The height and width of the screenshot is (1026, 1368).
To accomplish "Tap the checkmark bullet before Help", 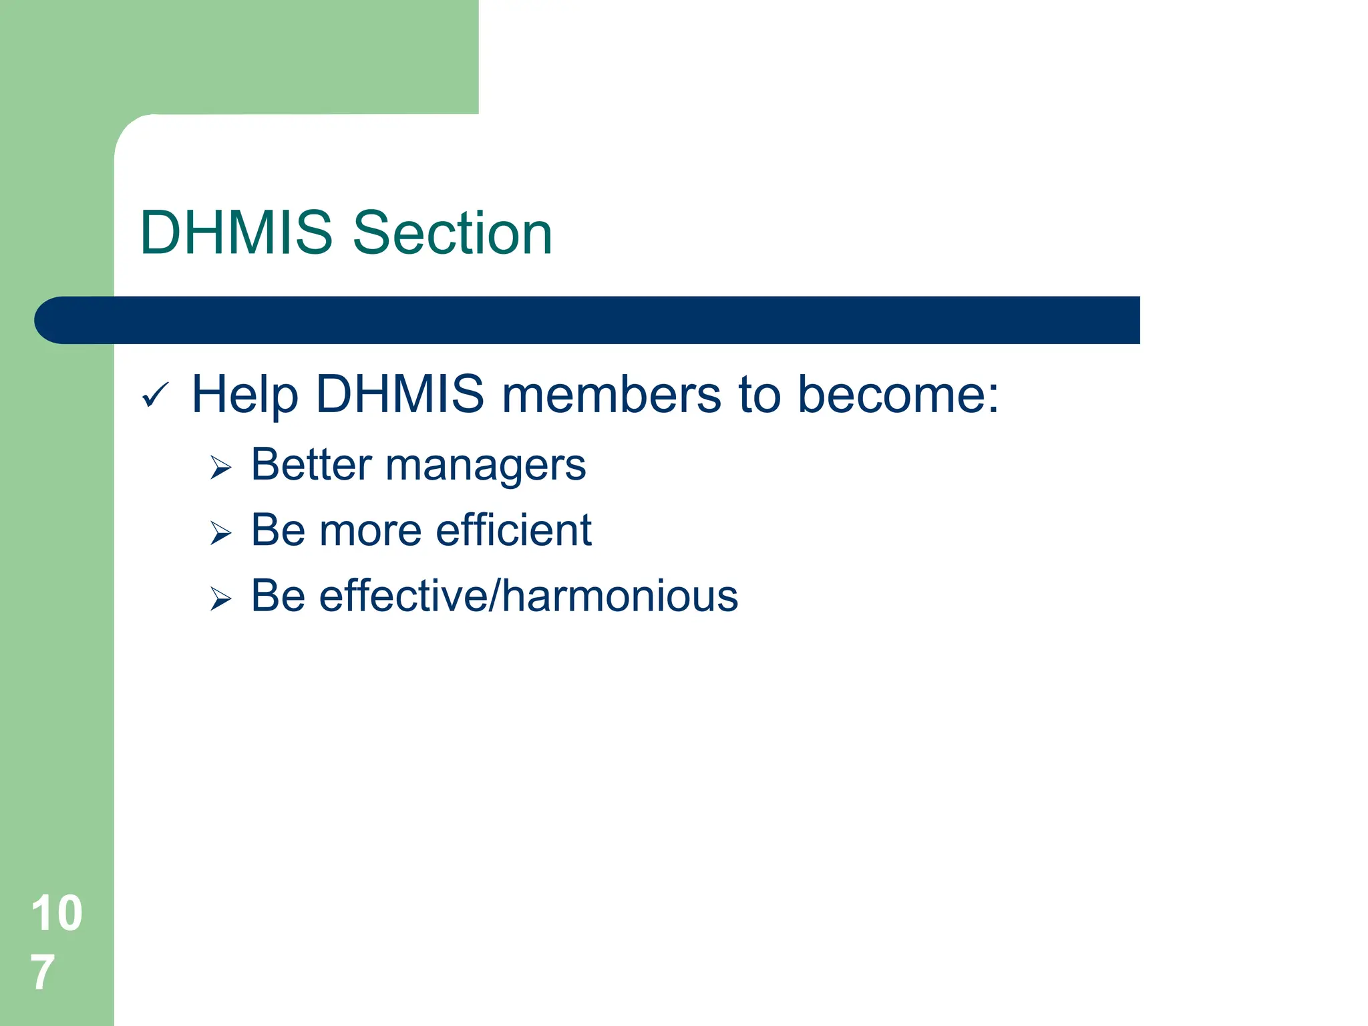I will click(x=156, y=395).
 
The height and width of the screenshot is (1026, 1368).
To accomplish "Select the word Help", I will click(x=244, y=395).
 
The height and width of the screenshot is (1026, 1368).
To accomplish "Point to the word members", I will click(x=611, y=395).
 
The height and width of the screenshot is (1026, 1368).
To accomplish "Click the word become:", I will click(x=898, y=395).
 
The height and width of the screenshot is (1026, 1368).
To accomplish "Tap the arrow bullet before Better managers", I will click(x=220, y=467).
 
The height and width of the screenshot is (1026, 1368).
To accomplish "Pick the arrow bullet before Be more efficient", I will click(x=220, y=533).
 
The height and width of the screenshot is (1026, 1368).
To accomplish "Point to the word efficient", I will click(x=514, y=530).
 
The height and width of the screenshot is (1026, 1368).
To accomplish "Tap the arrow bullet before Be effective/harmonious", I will click(x=220, y=598).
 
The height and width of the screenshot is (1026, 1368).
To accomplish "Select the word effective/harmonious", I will click(x=528, y=596).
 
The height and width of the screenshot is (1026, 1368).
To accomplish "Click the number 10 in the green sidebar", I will click(x=57, y=913).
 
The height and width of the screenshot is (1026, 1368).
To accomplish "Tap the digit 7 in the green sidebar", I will click(x=42, y=973).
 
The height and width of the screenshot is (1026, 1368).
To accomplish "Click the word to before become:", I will click(x=759, y=395).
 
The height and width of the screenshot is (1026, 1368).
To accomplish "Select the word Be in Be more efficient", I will click(x=278, y=531).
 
